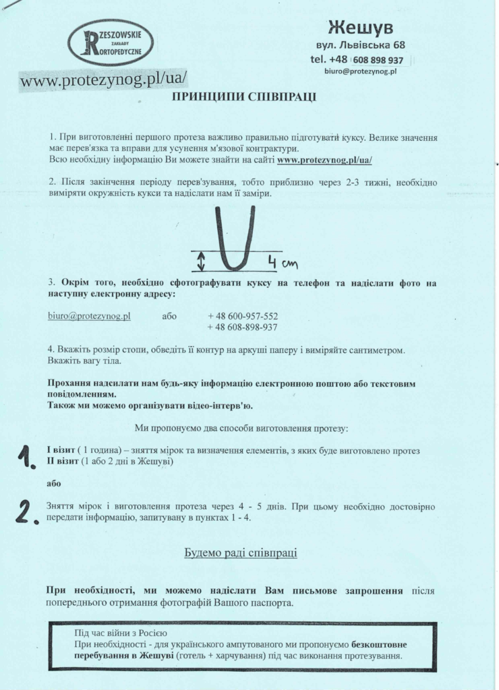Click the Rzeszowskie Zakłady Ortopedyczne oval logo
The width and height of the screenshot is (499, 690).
(x=111, y=42)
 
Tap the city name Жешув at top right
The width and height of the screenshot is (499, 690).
(x=360, y=28)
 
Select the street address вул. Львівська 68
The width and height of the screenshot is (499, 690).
(x=360, y=46)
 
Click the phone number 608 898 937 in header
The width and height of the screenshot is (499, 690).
(x=378, y=60)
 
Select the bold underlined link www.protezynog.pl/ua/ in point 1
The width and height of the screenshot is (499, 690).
(x=324, y=160)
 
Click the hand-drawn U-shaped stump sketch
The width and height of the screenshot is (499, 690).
(x=235, y=239)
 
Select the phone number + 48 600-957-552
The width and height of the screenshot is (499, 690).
(x=243, y=315)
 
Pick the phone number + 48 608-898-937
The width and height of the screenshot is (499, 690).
(x=243, y=327)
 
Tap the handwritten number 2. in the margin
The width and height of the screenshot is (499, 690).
(x=27, y=512)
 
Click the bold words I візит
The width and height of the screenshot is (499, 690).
(x=59, y=450)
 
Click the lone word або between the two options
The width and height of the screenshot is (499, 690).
(x=53, y=483)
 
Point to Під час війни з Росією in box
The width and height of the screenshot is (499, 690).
(x=121, y=633)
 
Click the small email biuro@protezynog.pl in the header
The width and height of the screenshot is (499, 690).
(x=359, y=71)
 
